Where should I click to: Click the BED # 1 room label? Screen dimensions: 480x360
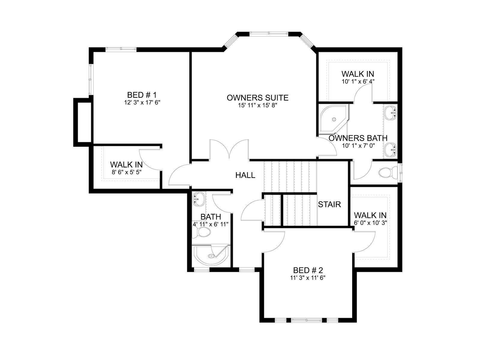[x=142, y=95]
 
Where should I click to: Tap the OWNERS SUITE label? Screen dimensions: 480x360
[x=258, y=98]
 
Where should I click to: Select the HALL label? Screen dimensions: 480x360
[x=245, y=175]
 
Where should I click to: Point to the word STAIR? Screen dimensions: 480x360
[x=329, y=204]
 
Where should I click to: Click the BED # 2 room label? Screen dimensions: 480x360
[x=308, y=270]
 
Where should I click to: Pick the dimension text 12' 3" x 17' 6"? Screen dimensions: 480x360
[x=142, y=103]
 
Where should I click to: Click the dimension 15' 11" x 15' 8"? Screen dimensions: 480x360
[x=258, y=105]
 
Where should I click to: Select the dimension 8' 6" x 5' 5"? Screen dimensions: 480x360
[x=127, y=172]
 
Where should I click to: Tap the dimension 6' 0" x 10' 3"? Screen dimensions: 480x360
[x=370, y=223]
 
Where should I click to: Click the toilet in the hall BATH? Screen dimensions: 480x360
[x=201, y=232]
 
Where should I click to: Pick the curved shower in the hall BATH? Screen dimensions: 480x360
[x=211, y=255]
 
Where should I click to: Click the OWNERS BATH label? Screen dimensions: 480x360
[x=358, y=138]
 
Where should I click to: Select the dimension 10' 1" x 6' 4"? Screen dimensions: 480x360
[x=358, y=81]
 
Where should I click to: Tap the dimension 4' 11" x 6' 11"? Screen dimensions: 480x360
[x=211, y=224]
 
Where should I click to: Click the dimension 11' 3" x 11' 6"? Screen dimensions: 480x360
[x=308, y=278]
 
